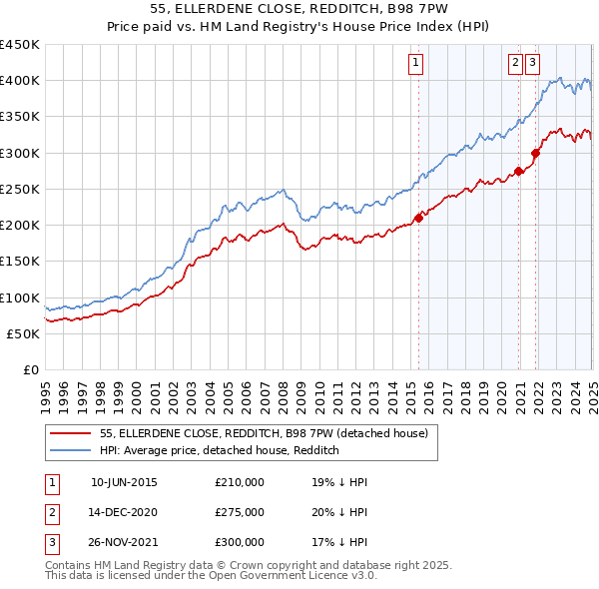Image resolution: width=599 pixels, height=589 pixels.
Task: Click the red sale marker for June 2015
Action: click(x=418, y=218)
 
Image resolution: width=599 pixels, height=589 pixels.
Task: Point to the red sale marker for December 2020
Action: click(x=519, y=171)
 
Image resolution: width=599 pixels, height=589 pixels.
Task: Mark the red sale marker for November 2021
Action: click(x=536, y=153)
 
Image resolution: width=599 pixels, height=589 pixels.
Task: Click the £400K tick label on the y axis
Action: click(x=20, y=81)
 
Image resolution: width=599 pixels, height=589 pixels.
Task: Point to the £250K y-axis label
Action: click(x=20, y=189)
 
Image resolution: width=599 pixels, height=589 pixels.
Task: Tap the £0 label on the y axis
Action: click(x=32, y=369)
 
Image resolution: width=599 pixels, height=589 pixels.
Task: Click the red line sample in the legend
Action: click(x=71, y=433)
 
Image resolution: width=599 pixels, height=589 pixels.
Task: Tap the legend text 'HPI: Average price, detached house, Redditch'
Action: click(x=220, y=451)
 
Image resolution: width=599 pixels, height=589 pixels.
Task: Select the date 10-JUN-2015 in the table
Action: click(x=124, y=482)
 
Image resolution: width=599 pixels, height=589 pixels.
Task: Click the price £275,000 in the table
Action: click(x=240, y=512)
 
